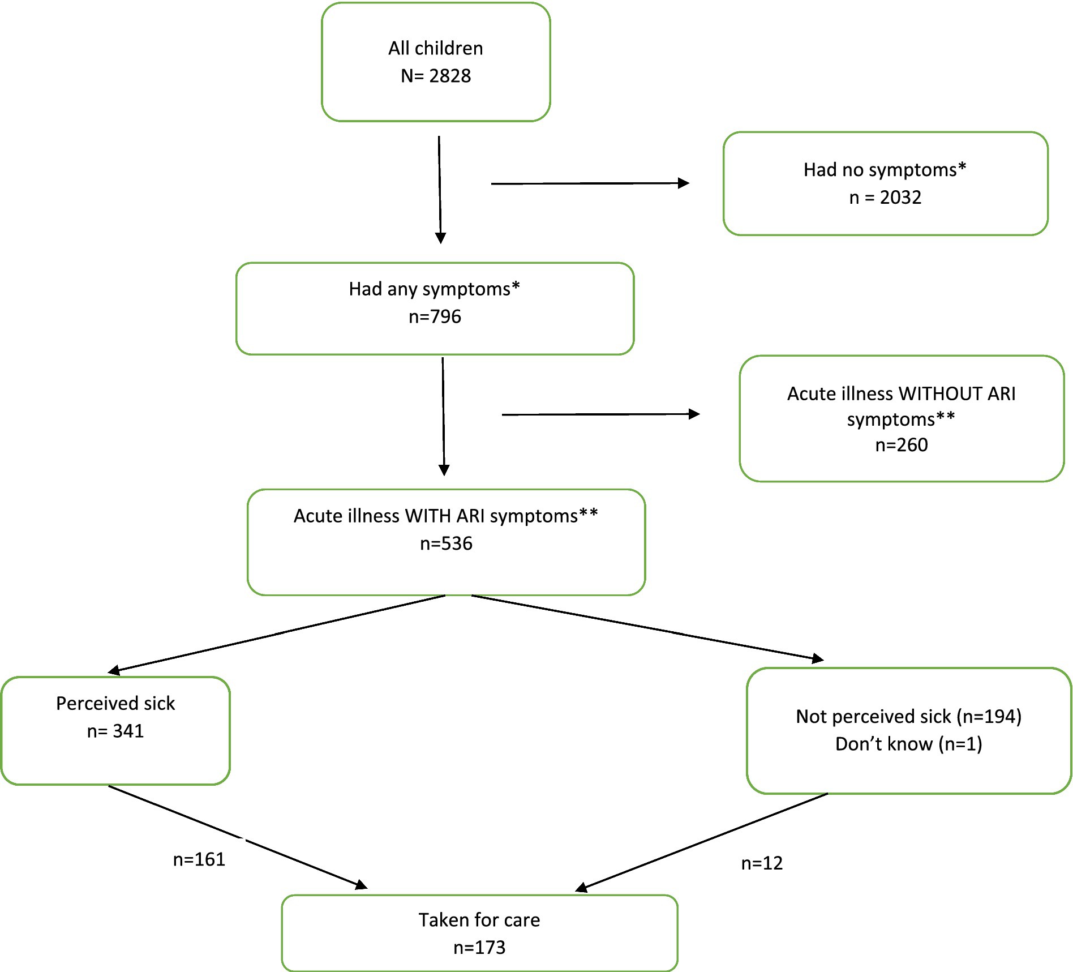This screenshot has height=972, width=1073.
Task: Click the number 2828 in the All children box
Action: coord(450,76)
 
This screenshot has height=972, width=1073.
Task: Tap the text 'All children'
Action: coord(436,48)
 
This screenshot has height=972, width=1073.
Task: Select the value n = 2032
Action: coord(886,197)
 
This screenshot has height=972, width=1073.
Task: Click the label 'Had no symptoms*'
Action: coord(885,170)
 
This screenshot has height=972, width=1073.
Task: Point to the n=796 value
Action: coord(435,316)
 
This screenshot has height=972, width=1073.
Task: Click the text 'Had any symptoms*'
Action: coord(435,289)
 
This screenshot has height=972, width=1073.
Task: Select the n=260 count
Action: coord(902,445)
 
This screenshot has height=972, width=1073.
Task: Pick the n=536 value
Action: coord(446,543)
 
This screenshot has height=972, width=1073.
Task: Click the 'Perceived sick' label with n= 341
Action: coord(115,703)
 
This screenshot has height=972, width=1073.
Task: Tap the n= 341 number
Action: coord(115,731)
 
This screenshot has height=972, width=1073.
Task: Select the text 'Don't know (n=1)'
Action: coord(909,743)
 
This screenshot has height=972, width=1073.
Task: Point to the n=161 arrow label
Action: coord(199,859)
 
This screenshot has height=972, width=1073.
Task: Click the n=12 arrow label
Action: coord(762,863)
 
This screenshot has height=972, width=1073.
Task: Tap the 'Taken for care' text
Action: coord(479,920)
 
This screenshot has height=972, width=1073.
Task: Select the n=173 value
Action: coord(479,947)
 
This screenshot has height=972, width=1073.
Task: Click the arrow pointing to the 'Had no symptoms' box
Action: coord(590,183)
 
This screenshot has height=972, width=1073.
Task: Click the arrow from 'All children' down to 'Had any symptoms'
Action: coord(440,190)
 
